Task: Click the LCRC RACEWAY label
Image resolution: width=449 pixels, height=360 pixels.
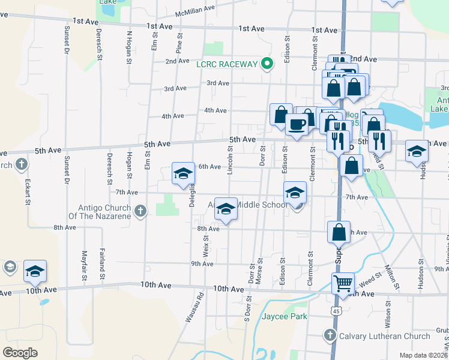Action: coord(227,64)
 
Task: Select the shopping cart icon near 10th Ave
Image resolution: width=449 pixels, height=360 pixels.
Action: coord(343,283)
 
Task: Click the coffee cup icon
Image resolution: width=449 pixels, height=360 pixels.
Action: coord(297,125)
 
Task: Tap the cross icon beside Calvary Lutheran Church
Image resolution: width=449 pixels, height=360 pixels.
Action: coord(329,336)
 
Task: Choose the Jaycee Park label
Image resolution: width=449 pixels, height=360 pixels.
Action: coord(285,316)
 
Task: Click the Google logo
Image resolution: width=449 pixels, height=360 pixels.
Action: coord(20,353)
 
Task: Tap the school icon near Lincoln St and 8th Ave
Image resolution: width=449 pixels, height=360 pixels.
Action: coord(226,209)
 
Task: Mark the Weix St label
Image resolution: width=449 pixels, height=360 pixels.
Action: coord(206,245)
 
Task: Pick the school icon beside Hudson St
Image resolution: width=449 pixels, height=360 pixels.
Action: coord(416,152)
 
